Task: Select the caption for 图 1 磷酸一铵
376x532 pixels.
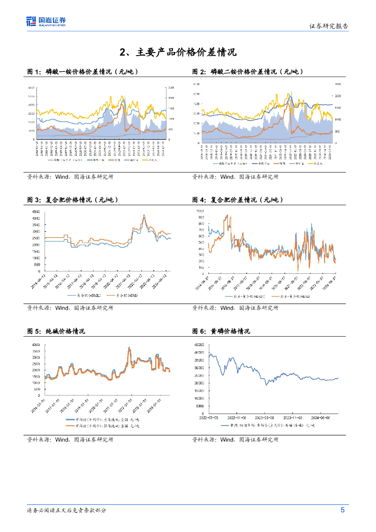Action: (83, 71)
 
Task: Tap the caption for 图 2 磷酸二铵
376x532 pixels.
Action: (248, 71)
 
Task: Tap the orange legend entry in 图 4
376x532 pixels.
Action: (290, 296)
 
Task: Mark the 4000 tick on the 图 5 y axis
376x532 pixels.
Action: (36, 344)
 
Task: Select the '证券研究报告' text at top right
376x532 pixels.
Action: (329, 26)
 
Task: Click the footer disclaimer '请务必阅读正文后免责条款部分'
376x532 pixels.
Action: (66, 510)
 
